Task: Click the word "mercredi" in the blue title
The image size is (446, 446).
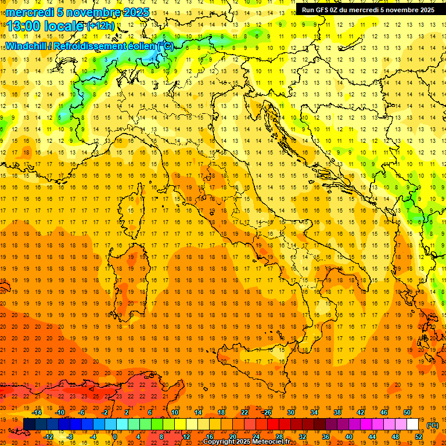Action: click(30, 12)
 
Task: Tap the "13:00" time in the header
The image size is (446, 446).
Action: click(23, 26)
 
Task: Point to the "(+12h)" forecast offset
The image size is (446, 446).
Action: click(100, 26)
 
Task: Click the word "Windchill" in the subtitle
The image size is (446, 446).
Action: click(27, 46)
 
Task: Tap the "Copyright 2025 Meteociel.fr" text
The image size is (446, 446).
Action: click(246, 442)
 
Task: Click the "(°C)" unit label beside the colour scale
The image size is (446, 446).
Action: click(433, 425)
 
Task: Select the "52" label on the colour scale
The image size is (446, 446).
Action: click(419, 437)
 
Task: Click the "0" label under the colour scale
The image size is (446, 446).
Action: click(114, 437)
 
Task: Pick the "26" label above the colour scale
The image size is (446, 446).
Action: click(268, 412)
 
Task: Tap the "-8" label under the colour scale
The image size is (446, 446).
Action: click(70, 437)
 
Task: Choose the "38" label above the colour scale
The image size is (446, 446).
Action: click(337, 412)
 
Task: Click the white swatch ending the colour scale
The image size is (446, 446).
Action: click(413, 425)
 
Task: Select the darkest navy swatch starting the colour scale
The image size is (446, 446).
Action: click(29, 425)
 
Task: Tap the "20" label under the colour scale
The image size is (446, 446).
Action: click(232, 437)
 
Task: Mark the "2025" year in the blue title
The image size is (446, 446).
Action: click(135, 12)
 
